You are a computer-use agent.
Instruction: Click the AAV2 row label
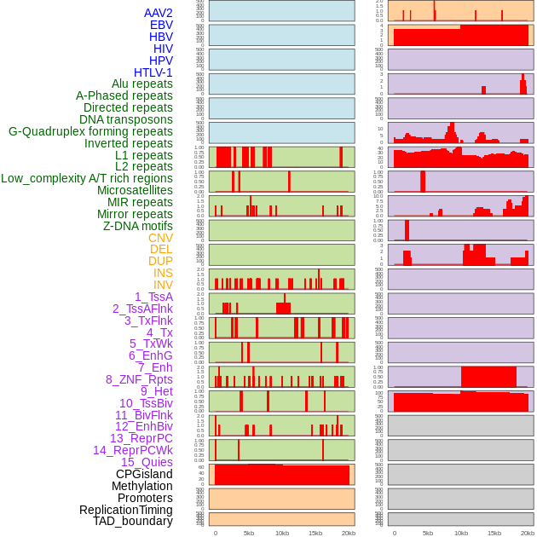click(159, 13)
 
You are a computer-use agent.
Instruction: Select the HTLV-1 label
click(153, 72)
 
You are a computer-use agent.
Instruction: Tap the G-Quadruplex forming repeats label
click(90, 131)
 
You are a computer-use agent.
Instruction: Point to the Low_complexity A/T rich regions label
click(87, 178)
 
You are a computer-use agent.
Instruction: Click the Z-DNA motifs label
click(138, 226)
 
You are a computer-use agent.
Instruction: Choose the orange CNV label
click(160, 238)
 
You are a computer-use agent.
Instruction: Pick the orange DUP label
click(160, 261)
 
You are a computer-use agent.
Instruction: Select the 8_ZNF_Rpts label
click(139, 379)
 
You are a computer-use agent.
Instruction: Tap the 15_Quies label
click(146, 462)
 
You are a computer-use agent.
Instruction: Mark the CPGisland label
click(144, 474)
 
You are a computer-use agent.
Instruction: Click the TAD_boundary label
click(133, 521)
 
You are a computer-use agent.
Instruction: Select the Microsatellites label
click(135, 190)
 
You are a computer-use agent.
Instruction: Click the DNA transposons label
click(126, 119)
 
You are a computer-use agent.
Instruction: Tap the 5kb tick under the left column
click(249, 533)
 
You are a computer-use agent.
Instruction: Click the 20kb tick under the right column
click(528, 533)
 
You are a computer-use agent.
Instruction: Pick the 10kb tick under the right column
click(461, 533)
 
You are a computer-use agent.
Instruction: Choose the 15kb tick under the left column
click(315, 533)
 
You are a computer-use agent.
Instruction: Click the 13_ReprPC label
click(141, 438)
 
